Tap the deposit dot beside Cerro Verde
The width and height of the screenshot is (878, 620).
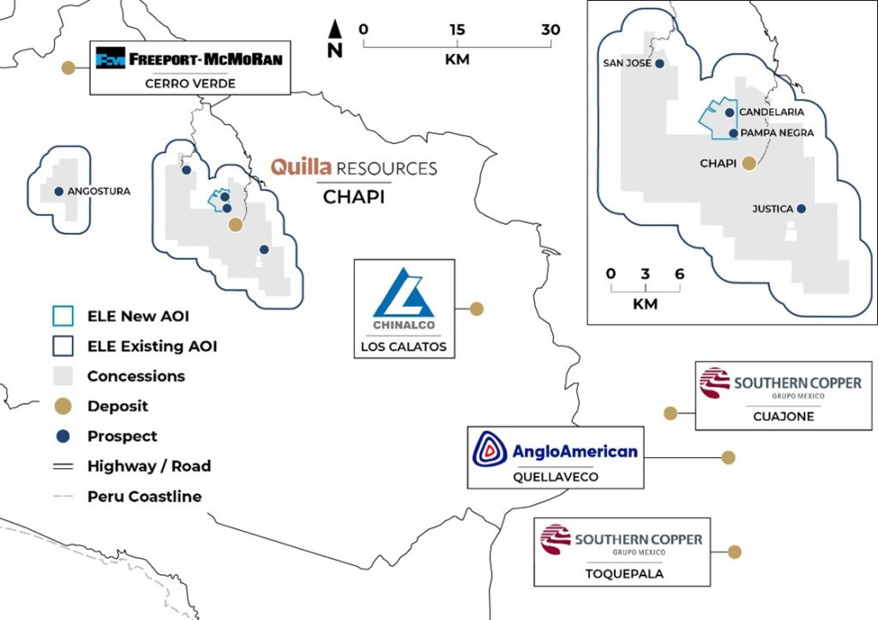coord(69,68)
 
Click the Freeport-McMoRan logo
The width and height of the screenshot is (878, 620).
coord(189,58)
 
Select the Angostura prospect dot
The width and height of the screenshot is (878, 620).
coord(59,191)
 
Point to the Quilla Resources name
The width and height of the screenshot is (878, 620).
coord(354,167)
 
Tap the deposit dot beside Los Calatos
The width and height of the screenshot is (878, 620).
coord(477,309)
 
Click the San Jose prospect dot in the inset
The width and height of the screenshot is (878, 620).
coord(659,63)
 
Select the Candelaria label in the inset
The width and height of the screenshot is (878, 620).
coord(772,112)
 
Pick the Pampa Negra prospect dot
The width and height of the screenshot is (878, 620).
coord(734,133)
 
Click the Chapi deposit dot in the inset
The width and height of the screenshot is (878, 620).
coord(749,164)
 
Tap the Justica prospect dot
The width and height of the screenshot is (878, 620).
coord(802,209)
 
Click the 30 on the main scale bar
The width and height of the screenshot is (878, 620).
coord(550,30)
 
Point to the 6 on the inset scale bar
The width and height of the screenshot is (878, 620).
coord(679,274)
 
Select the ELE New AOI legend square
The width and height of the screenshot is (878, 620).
coord(63,316)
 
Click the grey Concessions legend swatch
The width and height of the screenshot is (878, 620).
coord(63,376)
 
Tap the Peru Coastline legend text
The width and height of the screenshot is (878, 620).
coord(144,497)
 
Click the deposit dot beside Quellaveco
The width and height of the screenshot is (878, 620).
coord(728,458)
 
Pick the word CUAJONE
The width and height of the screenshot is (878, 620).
coord(784,416)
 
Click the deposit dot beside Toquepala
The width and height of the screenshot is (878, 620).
coord(734,551)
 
